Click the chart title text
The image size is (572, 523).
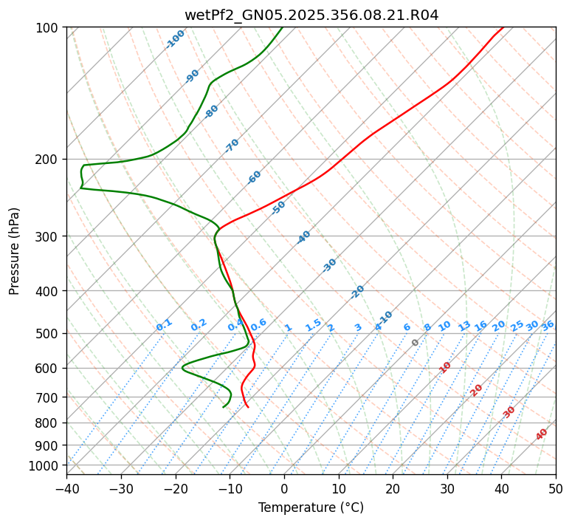click(311, 15)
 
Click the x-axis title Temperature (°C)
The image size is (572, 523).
click(311, 508)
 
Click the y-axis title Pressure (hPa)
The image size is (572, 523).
click(15, 251)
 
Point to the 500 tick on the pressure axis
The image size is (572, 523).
click(49, 333)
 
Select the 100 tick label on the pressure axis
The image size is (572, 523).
click(49, 28)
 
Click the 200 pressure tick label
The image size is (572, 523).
click(49, 160)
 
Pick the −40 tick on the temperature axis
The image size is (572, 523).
click(66, 488)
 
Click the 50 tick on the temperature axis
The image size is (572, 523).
click(556, 488)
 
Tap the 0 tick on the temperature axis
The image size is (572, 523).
click(284, 488)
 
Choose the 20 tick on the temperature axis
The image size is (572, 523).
click(393, 488)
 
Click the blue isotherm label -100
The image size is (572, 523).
click(175, 39)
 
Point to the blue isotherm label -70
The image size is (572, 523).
click(232, 146)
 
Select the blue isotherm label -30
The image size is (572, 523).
click(329, 265)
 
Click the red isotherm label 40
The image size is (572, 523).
click(542, 434)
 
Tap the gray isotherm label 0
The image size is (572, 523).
click(416, 343)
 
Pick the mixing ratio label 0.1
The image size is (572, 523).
click(164, 325)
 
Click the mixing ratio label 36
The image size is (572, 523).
click(548, 325)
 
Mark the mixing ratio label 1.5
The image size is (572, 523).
click(313, 325)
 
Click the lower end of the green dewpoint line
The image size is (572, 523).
click(224, 406)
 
